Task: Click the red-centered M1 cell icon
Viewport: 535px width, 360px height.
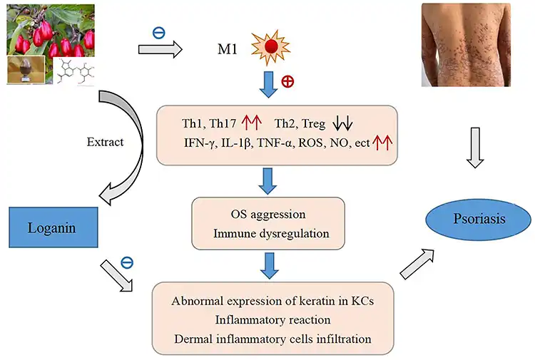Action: click(x=272, y=48)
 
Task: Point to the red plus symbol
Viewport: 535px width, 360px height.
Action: click(x=288, y=80)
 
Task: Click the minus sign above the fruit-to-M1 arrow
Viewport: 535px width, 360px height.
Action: click(x=158, y=32)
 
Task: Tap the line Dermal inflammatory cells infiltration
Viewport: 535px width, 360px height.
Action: click(x=267, y=339)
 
